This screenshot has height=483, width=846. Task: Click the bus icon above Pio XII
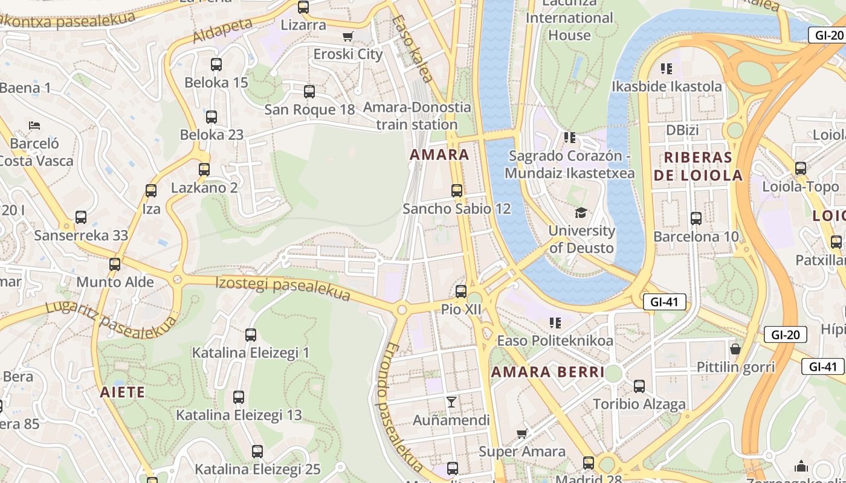pos(461,292)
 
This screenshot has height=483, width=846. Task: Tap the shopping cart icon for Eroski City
pos(347,37)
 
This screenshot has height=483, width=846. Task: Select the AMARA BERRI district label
pos(547,372)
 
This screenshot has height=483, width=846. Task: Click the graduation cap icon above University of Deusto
pos(581,213)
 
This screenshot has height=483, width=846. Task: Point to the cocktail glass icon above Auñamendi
pos(451,401)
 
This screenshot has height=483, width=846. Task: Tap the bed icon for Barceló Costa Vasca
pos(35,126)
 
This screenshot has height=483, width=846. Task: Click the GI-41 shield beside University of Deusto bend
pos(665,302)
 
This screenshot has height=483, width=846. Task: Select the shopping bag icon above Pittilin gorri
pos(735,349)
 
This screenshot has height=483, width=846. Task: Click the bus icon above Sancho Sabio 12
pos(457,191)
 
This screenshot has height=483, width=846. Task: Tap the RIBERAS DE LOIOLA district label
pos(698,167)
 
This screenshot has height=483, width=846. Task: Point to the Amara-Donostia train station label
pos(417,116)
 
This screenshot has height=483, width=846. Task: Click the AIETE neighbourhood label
pos(123,392)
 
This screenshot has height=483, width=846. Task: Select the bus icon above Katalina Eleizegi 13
pos(239,397)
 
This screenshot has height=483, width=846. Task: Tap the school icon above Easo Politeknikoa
pos(555,323)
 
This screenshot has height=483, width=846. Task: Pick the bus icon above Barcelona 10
pos(696,219)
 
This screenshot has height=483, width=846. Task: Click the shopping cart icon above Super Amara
pos(522,433)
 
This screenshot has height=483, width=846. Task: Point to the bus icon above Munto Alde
pos(115,264)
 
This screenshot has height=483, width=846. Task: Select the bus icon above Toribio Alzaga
pos(639,386)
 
